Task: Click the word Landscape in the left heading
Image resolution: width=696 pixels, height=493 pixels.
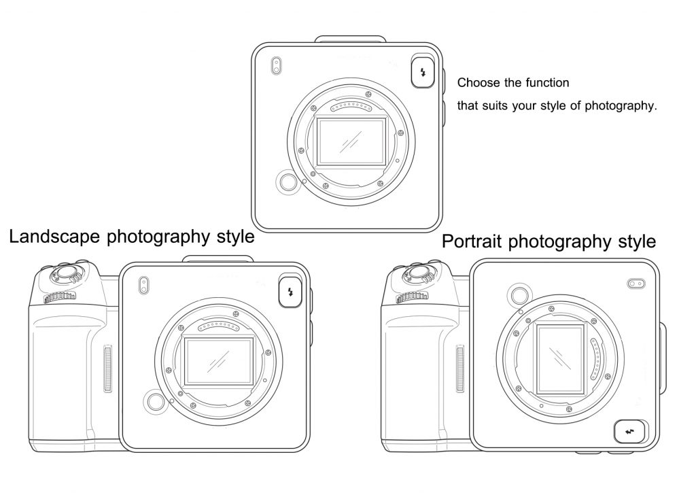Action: (x=54, y=236)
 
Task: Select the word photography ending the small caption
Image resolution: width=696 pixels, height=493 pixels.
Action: (x=621, y=105)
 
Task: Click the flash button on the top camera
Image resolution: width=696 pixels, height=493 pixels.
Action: (x=423, y=72)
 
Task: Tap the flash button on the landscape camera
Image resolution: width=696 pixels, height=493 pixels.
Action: (x=291, y=292)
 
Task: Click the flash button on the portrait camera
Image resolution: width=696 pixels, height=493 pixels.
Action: (x=630, y=432)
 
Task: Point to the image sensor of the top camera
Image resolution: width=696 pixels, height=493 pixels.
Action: (x=351, y=141)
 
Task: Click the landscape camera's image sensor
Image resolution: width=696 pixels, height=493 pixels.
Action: (x=219, y=360)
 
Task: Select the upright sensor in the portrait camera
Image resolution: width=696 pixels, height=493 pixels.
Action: (x=560, y=359)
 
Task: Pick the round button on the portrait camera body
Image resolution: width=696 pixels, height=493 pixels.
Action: (x=520, y=295)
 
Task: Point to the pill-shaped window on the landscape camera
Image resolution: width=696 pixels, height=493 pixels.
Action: (x=143, y=286)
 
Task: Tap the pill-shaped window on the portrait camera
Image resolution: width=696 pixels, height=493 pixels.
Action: (x=636, y=284)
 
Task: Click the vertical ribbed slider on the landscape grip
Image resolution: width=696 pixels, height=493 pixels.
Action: (x=107, y=369)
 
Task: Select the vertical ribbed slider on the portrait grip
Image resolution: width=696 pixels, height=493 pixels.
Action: (x=460, y=369)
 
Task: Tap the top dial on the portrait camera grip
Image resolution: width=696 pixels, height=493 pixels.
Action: (x=418, y=273)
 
